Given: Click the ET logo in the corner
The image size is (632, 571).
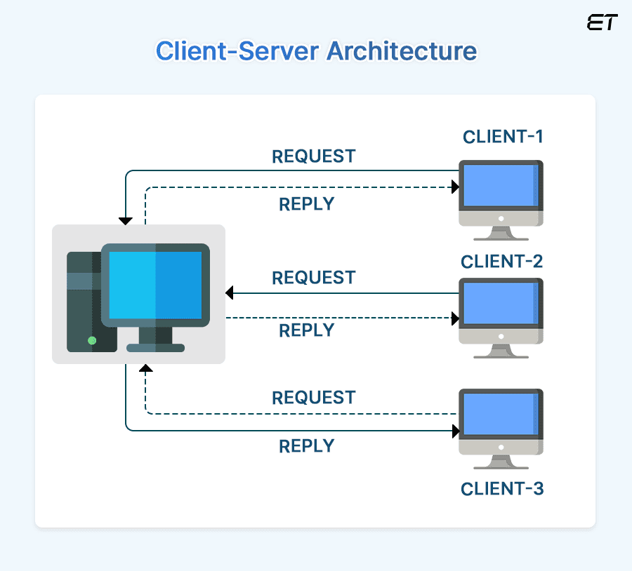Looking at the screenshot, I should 601,22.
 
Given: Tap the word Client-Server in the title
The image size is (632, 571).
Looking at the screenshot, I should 235,51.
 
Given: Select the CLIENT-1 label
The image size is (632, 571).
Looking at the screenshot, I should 503,136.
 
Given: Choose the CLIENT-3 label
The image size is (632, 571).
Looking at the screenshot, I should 502,488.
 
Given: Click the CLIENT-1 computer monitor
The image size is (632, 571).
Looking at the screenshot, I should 500,186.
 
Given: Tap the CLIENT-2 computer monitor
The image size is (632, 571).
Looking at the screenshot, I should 500,304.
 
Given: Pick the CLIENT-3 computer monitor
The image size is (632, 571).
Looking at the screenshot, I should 500,414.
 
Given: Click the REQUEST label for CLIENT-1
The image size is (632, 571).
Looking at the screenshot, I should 314,156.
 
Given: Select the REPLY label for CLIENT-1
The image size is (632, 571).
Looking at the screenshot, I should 306,204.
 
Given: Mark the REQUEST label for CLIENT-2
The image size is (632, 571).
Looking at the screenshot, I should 314,278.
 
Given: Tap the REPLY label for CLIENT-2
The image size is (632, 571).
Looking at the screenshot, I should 306,330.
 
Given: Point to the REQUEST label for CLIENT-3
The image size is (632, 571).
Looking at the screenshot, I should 314,398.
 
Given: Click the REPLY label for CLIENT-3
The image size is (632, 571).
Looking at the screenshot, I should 306,446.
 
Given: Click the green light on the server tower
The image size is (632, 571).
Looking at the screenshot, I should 91,340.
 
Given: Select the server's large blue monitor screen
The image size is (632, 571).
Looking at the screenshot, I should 155,285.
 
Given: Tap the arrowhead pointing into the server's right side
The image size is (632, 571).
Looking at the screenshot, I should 230,293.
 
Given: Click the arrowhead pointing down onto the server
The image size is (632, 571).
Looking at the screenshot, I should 126,220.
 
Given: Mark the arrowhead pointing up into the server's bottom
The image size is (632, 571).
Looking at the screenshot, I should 145,368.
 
